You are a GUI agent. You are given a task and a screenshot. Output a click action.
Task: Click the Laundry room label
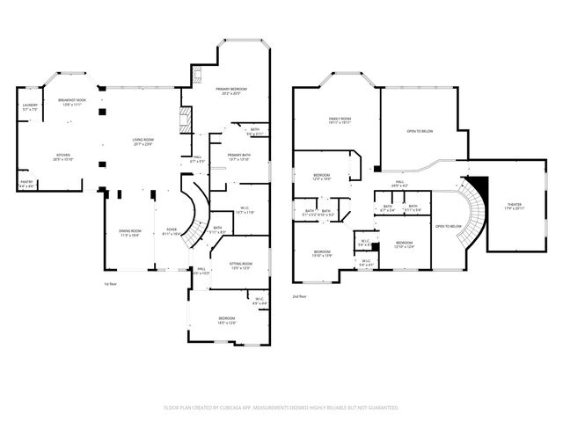[29, 106]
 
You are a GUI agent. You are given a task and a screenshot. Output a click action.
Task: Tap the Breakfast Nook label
[71, 102]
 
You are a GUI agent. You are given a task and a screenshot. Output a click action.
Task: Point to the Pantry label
[26, 184]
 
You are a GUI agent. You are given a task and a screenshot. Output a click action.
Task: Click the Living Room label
[143, 142]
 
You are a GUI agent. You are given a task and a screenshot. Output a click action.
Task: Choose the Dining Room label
[130, 233]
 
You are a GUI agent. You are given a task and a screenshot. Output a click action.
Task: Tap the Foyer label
[172, 233]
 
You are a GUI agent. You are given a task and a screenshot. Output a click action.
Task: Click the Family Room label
[340, 120]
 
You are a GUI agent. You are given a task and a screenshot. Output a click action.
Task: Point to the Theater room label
[513, 207]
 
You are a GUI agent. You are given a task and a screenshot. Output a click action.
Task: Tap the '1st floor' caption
[110, 283]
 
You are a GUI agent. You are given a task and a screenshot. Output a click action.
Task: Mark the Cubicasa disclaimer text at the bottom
[281, 407]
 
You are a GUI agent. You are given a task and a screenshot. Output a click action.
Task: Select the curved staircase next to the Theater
[475, 207]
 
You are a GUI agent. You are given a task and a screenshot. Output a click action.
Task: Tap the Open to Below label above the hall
[419, 131]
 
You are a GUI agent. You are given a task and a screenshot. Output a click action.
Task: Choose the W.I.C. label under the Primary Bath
[245, 211]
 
